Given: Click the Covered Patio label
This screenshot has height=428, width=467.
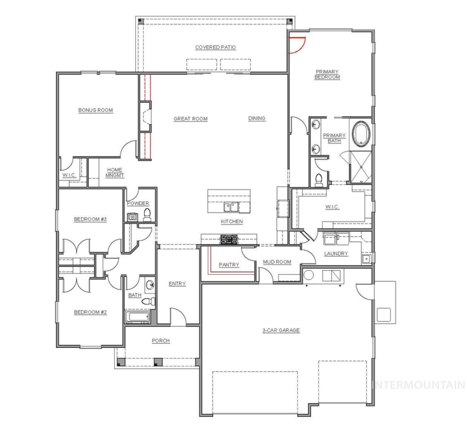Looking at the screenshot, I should pos(215,47).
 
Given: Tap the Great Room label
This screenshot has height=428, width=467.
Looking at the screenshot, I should pos(190,119).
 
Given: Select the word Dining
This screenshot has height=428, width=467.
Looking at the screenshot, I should pos(257,118).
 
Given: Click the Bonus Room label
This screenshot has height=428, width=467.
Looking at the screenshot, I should pos(95,110).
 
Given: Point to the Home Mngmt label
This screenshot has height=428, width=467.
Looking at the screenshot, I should pos(114,172).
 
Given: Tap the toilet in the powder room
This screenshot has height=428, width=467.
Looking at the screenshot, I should pos(147,214).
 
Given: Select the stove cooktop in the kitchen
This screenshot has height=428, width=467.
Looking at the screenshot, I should pos(229,239).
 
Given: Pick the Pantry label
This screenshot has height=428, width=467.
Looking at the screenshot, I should pos(229,265).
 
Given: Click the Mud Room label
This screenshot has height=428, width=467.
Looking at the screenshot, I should pos(277,262).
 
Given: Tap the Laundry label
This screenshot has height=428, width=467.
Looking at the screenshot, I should pos(336,253).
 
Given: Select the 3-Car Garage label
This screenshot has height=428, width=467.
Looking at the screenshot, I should pos(281,330).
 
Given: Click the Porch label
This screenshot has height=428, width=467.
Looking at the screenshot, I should pos(161,340).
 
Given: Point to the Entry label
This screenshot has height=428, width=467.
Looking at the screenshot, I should pos(177,283).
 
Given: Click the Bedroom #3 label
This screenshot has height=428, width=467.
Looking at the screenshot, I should pos(90,219).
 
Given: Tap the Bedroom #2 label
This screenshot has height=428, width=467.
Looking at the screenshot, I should pos(90,312).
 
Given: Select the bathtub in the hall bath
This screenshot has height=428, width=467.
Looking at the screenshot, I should pos(137,317).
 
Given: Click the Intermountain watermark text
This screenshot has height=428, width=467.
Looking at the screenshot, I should pos(418,385).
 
